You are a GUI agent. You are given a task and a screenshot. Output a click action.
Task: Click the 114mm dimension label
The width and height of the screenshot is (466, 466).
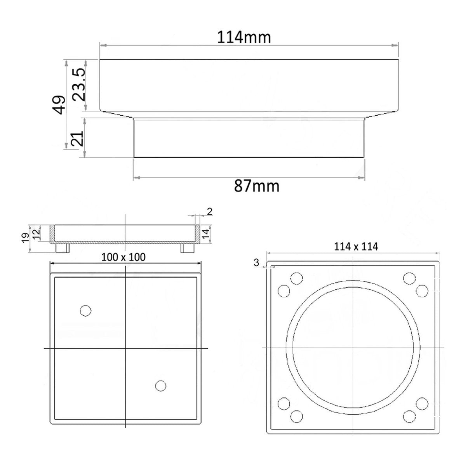244,38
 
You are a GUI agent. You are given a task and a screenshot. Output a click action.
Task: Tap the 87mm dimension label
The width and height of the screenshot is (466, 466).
257,186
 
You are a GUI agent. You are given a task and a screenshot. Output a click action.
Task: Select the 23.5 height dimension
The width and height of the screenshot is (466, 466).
79,84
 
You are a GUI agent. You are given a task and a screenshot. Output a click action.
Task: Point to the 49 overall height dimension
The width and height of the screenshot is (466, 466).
59,105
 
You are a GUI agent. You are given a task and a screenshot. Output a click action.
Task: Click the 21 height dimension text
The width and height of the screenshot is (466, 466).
77,139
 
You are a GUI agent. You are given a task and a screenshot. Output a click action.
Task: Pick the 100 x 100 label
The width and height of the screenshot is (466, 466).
123,257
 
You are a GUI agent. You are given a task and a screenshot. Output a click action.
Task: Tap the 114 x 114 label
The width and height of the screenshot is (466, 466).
356,247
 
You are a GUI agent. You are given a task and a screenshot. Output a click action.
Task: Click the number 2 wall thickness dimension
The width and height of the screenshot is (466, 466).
210,212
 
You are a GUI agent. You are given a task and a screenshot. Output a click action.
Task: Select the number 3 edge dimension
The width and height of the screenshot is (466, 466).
256,263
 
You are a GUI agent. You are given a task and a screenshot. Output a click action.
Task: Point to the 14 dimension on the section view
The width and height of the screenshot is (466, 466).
206,234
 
